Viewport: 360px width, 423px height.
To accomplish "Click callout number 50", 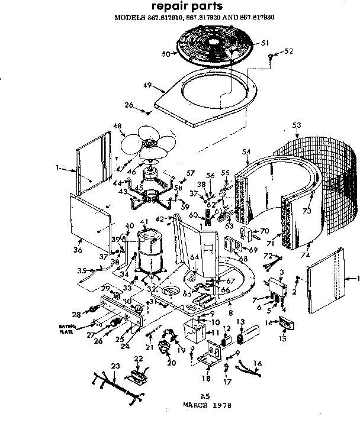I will (x=166, y=54).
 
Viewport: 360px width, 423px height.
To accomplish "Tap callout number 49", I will (x=148, y=85).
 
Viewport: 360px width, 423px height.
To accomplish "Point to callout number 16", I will (x=258, y=364).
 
